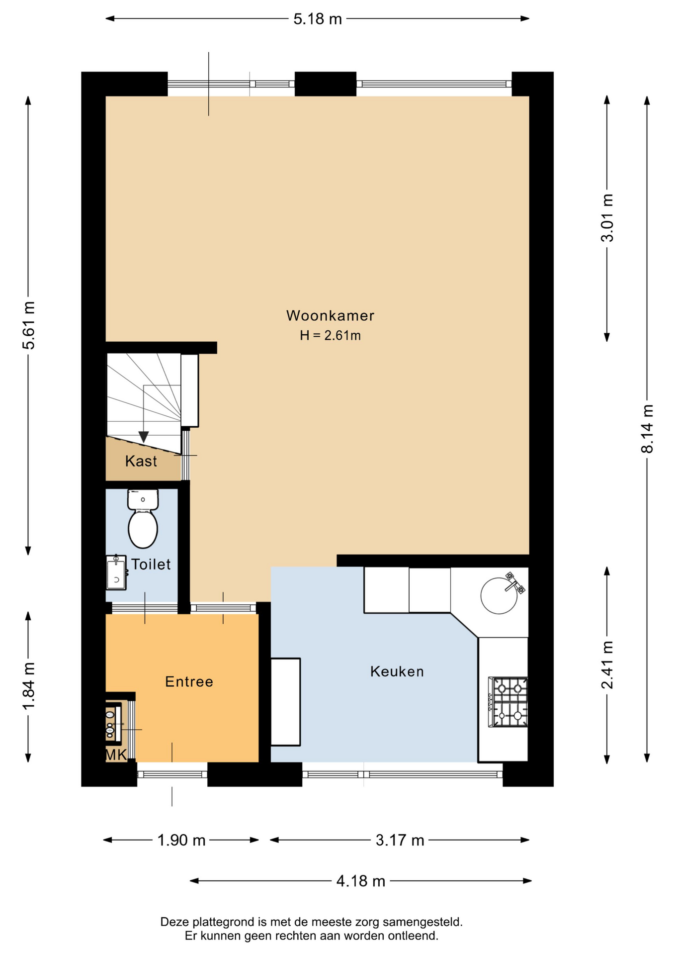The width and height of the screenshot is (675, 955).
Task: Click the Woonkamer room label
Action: click(330, 315)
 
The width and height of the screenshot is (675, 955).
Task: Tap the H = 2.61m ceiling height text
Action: click(330, 335)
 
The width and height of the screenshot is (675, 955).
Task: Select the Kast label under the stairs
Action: click(141, 461)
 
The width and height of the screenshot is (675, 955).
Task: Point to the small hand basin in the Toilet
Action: click(116, 573)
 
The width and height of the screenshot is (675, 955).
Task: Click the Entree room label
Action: click(189, 681)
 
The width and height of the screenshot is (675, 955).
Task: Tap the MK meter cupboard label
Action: click(116, 755)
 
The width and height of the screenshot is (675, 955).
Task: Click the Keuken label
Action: click(397, 671)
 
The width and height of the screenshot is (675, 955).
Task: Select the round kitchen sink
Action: click(499, 595)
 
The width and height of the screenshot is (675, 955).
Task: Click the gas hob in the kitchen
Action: click(508, 702)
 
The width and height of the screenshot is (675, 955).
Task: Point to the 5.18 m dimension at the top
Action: click(318, 19)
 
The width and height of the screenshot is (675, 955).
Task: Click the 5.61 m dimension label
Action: click(28, 325)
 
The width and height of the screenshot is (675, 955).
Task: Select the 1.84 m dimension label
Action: click(28, 686)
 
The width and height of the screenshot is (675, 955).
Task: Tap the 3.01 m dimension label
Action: click(607, 218)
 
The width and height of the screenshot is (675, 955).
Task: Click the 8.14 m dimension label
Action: click(647, 429)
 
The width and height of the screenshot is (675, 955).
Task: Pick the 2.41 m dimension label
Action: click(607, 665)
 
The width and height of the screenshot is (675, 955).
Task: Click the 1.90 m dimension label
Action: click(181, 840)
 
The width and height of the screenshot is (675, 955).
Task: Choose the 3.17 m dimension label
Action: click(400, 840)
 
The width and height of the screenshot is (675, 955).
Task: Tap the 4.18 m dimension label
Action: click(361, 881)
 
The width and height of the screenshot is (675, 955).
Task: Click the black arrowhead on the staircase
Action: click(144, 437)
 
